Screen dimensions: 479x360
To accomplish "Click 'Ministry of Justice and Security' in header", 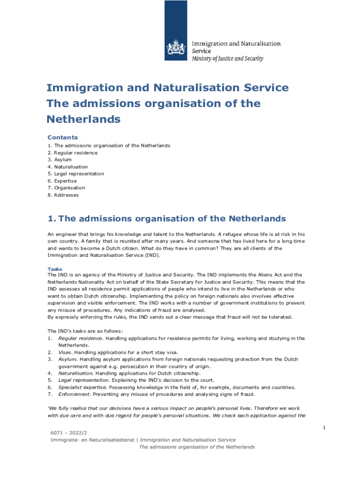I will (228, 59).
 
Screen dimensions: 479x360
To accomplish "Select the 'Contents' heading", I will (63, 138).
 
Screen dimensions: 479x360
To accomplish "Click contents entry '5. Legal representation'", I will (76, 174).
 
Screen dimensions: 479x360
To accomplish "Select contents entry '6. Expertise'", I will (62, 181).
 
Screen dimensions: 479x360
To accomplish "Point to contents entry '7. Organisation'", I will (66, 188).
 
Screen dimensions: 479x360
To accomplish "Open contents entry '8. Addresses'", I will (63, 195).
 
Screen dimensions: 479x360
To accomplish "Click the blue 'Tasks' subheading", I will (55, 269).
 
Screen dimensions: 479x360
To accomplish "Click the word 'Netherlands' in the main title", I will (84, 119).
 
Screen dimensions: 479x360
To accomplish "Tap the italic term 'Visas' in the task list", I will (65, 352).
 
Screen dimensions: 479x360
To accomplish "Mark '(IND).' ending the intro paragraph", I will (151, 255).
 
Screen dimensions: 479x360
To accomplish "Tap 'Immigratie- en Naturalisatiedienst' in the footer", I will (92, 440).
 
